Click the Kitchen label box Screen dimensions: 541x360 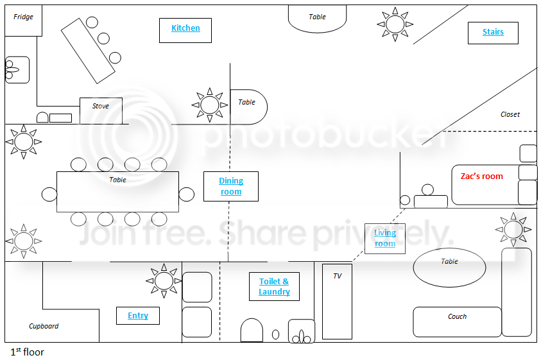(x=185, y=30)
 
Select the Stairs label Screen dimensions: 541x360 (x=493, y=33)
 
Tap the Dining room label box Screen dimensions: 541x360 (x=231, y=186)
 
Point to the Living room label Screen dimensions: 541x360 (x=384, y=239)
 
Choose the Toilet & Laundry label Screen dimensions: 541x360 (x=274, y=286)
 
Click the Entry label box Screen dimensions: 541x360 (x=138, y=316)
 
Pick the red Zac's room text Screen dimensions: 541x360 (x=482, y=176)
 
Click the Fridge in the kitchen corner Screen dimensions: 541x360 (x=24, y=21)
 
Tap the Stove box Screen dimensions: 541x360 (x=101, y=111)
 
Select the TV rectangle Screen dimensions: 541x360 (x=337, y=302)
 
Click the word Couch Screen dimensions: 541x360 (x=457, y=316)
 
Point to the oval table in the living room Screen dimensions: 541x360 (x=449, y=268)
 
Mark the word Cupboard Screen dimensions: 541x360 (x=44, y=326)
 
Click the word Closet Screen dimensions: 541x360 (x=510, y=114)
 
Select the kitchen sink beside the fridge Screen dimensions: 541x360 (x=17, y=70)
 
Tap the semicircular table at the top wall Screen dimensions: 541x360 (x=317, y=19)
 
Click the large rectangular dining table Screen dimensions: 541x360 (x=117, y=192)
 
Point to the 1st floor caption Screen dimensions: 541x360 (x=27, y=352)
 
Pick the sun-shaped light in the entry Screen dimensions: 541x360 (x=164, y=280)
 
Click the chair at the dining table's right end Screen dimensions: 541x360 (x=187, y=194)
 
